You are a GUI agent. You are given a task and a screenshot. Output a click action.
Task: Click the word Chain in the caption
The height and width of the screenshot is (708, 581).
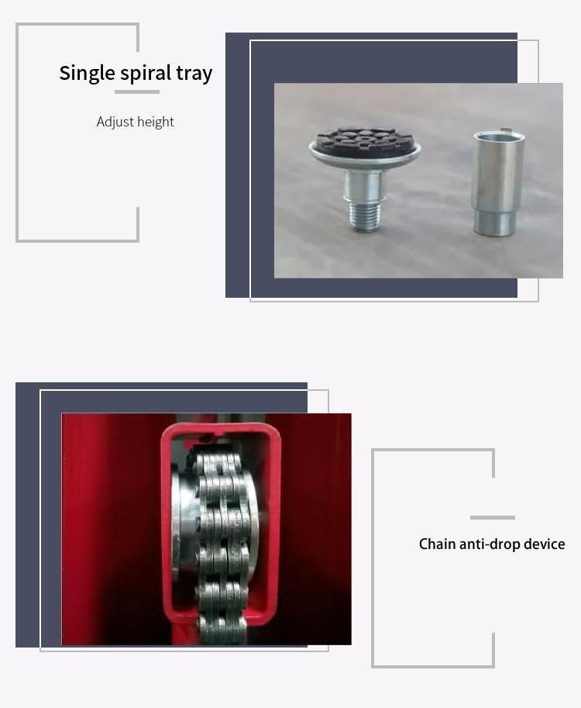click(437, 544)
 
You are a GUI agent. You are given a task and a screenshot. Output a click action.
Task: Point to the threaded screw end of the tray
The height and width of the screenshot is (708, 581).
click(365, 216)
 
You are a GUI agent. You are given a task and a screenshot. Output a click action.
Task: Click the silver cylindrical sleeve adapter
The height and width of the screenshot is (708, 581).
click(498, 183)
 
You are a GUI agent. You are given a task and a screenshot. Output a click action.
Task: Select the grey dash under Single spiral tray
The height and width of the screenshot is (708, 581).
click(137, 92)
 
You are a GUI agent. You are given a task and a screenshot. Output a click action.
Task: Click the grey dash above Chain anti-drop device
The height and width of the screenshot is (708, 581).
click(493, 517)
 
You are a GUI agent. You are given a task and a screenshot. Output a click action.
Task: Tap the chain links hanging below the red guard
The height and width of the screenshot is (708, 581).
click(222, 630)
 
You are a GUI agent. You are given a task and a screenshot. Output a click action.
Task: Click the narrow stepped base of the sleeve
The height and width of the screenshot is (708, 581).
click(494, 223)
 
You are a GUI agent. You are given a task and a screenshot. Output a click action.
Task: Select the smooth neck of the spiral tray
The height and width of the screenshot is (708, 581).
click(364, 185)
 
